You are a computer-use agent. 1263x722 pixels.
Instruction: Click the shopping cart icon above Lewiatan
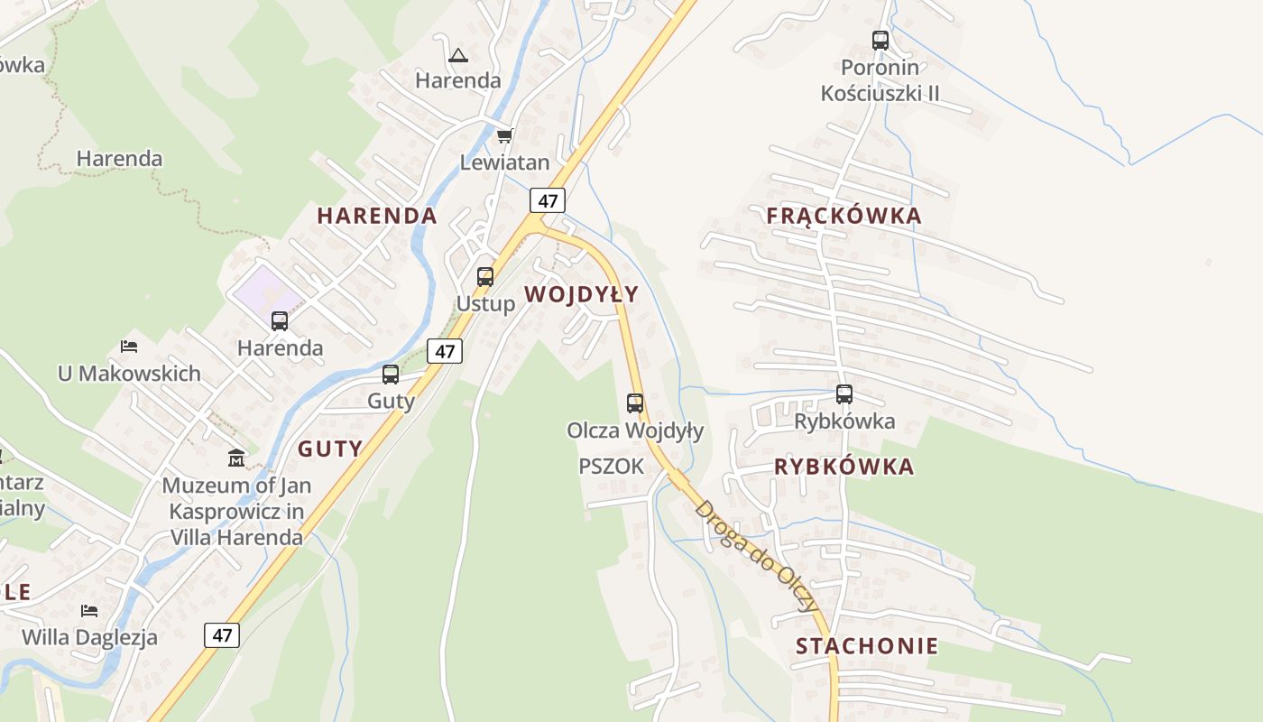pos(504,136)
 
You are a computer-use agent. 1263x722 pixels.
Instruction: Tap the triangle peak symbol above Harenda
pos(458,56)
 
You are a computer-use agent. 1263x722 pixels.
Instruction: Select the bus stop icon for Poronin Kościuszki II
pos(880,41)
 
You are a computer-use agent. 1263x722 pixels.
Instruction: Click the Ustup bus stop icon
pos(485,277)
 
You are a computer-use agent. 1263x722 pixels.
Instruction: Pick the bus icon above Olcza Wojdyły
pos(635,403)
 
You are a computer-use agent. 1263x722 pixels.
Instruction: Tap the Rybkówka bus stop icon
pos(844,394)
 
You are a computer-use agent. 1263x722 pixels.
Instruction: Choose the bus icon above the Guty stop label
pos(391,375)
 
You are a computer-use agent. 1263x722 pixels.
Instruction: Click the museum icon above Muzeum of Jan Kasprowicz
pos(236,458)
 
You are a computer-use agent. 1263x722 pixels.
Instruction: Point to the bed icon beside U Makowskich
pos(129,347)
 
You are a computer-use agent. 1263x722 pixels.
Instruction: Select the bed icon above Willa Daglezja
pos(88,611)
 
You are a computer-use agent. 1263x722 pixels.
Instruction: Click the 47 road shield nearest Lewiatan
pos(548,199)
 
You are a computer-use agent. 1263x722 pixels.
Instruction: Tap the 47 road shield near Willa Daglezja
pos(222,634)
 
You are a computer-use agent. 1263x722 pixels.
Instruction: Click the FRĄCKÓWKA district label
pos(844,216)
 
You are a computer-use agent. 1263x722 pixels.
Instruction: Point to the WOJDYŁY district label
pos(581,294)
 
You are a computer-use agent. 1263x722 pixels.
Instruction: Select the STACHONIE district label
pos(866,646)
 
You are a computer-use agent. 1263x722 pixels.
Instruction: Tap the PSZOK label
pos(612,467)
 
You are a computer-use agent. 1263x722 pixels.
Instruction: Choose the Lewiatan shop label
pos(504,163)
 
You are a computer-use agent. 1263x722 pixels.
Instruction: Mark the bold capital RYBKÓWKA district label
pos(844,467)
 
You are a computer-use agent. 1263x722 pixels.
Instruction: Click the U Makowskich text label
pos(129,374)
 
